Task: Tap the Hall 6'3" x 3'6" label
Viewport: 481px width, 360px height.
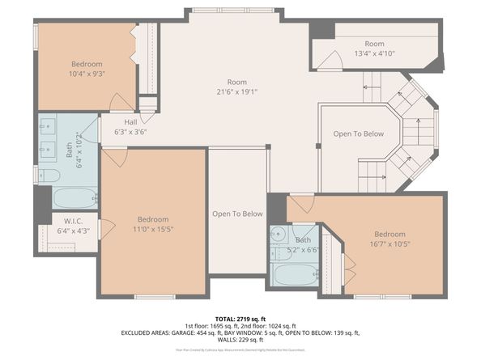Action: (x=130, y=126)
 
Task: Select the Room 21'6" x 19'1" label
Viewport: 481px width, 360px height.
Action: (x=236, y=87)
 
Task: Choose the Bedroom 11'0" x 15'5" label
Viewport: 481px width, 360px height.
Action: (x=152, y=224)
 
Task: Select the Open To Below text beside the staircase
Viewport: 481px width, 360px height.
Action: (x=359, y=133)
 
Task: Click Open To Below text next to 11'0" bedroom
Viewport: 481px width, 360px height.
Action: (x=237, y=214)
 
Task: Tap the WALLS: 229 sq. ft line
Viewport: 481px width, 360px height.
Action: (x=240, y=340)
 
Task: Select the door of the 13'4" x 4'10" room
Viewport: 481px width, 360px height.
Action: (x=330, y=60)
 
